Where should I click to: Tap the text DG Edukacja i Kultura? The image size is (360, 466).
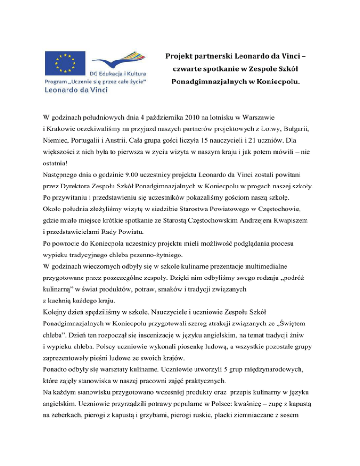click(118, 75)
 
